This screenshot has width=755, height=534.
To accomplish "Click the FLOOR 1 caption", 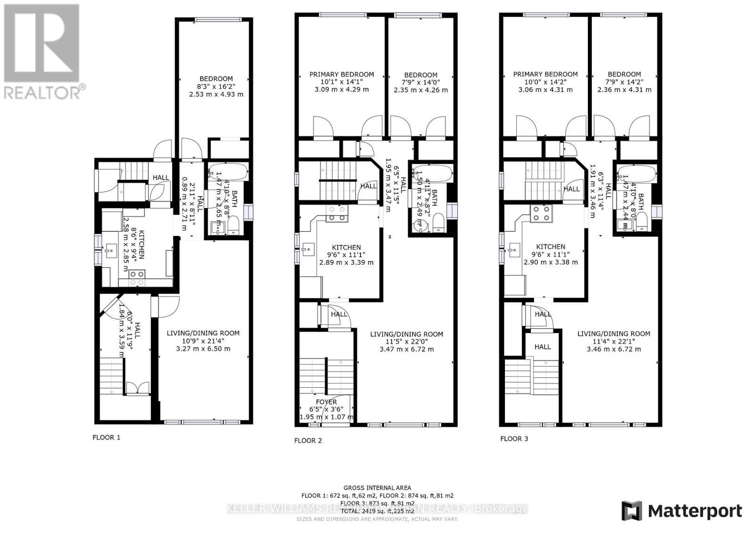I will (106, 437).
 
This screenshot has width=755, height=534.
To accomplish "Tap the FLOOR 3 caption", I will (514, 439).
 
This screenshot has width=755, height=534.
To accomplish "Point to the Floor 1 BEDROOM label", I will (216, 79).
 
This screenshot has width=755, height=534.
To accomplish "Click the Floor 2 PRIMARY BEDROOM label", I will (342, 74).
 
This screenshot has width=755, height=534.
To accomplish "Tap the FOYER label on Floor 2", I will (326, 402).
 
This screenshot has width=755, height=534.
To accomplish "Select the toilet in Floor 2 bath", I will (439, 223).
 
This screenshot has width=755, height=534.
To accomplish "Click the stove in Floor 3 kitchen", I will (541, 214).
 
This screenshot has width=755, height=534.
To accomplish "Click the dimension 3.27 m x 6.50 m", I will (203, 349).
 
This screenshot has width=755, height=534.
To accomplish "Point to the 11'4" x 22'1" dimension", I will (613, 342).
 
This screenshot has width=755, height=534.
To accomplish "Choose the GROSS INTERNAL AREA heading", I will (377, 488).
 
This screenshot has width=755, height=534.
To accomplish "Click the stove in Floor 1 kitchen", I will (137, 278).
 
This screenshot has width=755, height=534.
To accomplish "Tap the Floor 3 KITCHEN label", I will (551, 247).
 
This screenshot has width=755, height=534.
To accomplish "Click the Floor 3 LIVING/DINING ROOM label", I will (613, 334).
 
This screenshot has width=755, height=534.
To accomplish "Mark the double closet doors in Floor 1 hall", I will (137, 388).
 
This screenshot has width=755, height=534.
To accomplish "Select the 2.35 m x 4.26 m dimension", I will (420, 90).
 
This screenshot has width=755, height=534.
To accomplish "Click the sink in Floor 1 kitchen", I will (111, 250).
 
